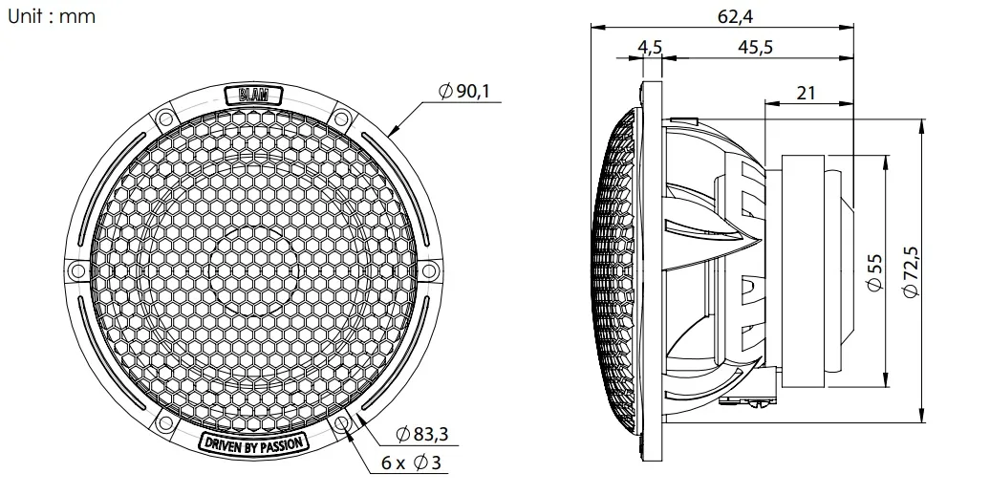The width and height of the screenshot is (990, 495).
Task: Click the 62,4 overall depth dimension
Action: (x=735, y=16)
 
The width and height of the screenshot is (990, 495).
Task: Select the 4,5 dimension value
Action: (x=650, y=47)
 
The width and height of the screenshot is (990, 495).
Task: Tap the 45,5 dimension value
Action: (x=755, y=47)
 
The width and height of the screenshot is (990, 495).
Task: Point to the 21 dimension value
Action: (x=806, y=93)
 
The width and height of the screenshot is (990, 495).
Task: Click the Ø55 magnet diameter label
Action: (x=874, y=272)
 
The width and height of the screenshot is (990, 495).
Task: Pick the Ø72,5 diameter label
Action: (x=911, y=271)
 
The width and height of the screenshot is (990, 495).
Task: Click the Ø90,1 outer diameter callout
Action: (x=464, y=92)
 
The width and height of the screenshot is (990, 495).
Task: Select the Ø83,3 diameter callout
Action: (x=422, y=435)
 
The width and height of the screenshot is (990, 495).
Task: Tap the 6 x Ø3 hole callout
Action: (x=411, y=463)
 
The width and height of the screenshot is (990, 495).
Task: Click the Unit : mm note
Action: (x=52, y=16)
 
